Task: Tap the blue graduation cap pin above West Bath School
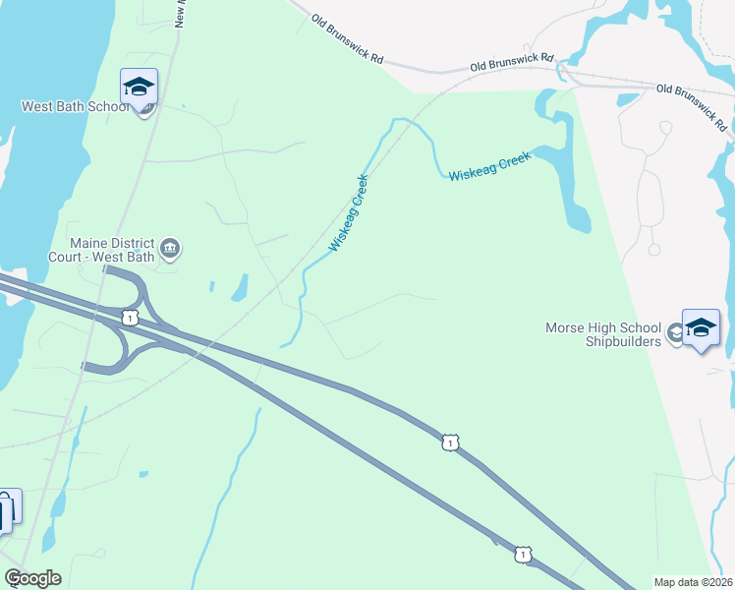139,87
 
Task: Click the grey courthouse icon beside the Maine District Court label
170,248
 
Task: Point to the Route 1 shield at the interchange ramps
129,317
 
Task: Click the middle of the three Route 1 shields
449,443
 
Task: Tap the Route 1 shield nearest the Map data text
523,556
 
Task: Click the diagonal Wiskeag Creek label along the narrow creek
349,212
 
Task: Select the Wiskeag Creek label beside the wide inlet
489,166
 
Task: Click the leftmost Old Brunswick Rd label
347,38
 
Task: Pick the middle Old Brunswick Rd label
512,62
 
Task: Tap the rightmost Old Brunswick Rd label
692,107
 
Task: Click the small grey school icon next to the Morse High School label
675,334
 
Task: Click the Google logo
32,578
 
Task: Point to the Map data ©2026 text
694,582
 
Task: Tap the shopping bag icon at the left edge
4,511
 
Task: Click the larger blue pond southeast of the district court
239,287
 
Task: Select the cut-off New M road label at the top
180,14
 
